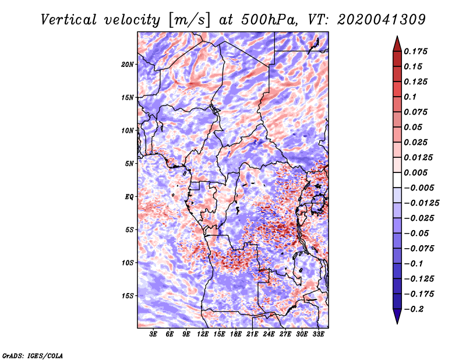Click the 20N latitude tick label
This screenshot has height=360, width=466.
(x=128, y=65)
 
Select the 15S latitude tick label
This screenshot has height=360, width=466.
(x=128, y=296)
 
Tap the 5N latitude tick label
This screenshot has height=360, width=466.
(x=129, y=164)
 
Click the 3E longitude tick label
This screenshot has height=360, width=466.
(x=153, y=334)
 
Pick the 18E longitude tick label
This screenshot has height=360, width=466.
(x=236, y=334)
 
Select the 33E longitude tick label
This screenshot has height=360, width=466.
(x=318, y=334)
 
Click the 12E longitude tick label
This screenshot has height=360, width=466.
(x=203, y=334)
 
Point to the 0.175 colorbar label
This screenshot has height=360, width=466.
(x=415, y=51)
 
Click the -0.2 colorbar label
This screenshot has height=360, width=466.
(x=414, y=309)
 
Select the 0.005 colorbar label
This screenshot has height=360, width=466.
(x=415, y=172)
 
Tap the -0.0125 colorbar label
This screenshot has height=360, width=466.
(x=421, y=203)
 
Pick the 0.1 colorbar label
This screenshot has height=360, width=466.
(x=410, y=97)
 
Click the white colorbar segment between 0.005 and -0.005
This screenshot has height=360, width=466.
(x=397, y=180)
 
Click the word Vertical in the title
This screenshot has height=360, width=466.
(x=69, y=20)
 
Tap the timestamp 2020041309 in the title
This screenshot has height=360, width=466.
(x=382, y=20)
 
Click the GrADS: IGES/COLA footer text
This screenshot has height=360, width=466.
(x=33, y=355)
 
